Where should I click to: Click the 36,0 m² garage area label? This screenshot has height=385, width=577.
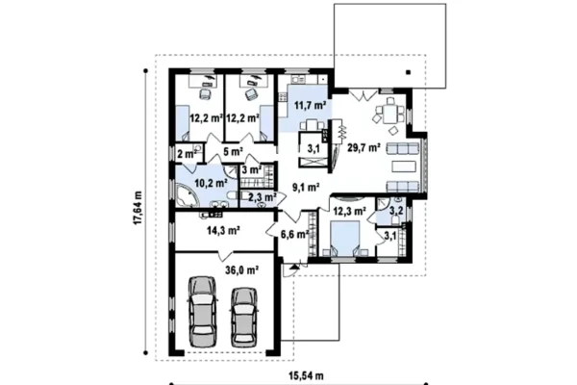(x=241, y=270)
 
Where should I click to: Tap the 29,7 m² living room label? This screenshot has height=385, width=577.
(x=364, y=147)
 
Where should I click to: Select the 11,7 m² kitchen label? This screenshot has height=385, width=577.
(x=311, y=105)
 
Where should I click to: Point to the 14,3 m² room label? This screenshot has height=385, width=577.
(x=223, y=231)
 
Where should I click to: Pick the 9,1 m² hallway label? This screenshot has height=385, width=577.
(x=306, y=187)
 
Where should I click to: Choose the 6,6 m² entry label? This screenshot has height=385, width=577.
(x=294, y=234)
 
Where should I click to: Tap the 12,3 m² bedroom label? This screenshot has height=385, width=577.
(x=349, y=211)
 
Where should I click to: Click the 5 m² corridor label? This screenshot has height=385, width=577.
(x=233, y=151)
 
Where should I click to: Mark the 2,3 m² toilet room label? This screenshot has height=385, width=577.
(x=263, y=197)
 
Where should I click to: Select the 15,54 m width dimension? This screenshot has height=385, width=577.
(x=306, y=375)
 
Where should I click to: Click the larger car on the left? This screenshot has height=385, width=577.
(x=201, y=311)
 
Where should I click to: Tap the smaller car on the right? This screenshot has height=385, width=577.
(x=244, y=318)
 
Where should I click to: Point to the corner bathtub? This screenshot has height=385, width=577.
(x=188, y=194)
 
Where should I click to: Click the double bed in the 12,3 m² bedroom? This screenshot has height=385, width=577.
(x=345, y=238)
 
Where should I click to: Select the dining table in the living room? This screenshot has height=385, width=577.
(x=389, y=114)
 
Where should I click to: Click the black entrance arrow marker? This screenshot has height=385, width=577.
(x=293, y=267)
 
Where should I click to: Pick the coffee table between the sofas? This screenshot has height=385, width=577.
(x=403, y=167)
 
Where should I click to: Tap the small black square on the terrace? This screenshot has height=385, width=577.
(x=408, y=72)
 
